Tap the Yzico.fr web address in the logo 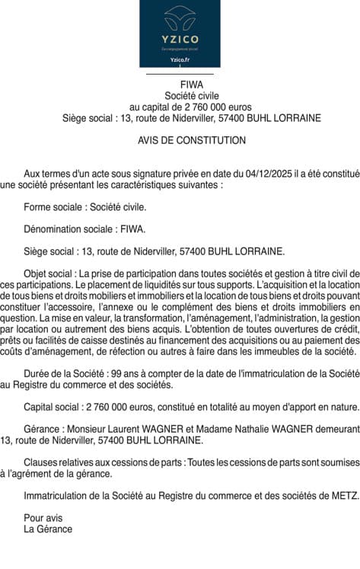coord(180,59)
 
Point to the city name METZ coord(343,495)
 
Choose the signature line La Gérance coord(48,528)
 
